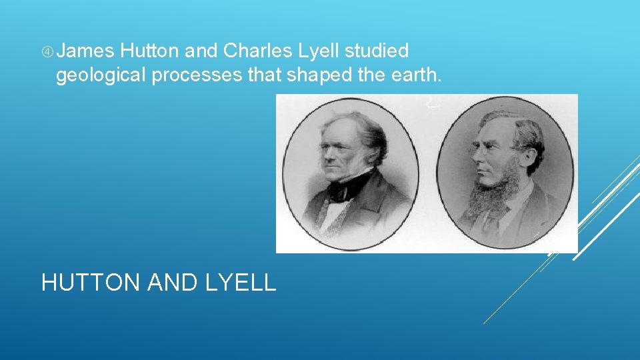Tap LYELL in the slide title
[x=241, y=283]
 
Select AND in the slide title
[x=173, y=283]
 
